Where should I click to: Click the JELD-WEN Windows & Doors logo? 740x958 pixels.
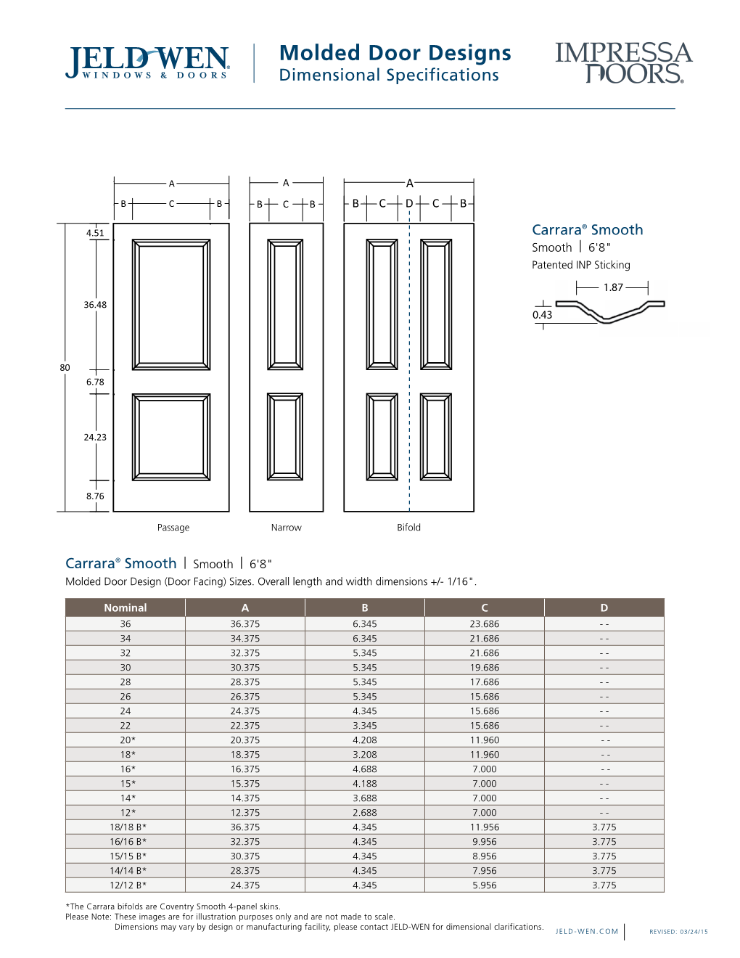tap(148, 63)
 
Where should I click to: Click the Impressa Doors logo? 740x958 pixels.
tap(624, 63)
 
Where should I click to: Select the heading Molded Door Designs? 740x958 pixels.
tap(395, 53)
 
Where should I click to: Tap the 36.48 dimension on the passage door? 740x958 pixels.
tap(95, 305)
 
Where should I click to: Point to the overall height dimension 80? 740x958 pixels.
tap(65, 368)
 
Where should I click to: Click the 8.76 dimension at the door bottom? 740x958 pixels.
tap(95, 496)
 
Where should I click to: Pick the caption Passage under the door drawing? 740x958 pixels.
tap(173, 528)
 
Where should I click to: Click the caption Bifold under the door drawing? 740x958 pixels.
tap(408, 528)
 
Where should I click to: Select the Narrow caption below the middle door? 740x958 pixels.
tap(286, 528)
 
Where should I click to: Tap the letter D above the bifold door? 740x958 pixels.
tap(409, 203)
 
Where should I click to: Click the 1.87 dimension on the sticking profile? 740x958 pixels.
tap(613, 287)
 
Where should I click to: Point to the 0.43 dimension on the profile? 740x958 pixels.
tap(542, 315)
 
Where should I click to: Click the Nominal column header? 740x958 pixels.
tap(126, 607)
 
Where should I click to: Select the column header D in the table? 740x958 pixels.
tap(604, 607)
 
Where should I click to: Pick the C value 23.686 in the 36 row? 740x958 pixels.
tap(485, 624)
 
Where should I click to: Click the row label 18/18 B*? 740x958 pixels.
tap(128, 827)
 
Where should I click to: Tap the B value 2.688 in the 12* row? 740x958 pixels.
tap(364, 813)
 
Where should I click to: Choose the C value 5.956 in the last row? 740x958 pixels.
tap(485, 885)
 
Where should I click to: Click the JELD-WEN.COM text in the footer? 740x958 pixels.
tap(587, 931)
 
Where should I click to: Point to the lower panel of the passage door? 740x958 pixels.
tap(171, 437)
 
